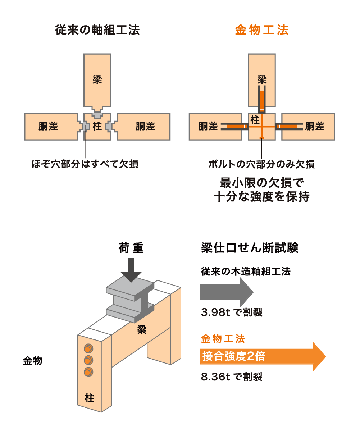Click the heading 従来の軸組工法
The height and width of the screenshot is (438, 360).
click(x=97, y=30)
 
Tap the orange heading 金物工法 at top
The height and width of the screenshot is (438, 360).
click(x=262, y=30)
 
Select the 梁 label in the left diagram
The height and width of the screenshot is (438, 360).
click(x=97, y=79)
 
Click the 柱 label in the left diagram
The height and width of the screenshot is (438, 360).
click(x=97, y=126)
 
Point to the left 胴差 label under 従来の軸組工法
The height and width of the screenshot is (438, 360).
click(x=48, y=126)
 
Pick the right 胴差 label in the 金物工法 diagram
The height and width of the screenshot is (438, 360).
click(x=315, y=126)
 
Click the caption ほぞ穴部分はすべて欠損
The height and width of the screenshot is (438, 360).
click(x=85, y=164)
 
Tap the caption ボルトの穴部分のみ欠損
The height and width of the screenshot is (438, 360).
click(x=262, y=164)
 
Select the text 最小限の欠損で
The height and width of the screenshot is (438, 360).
click(x=262, y=183)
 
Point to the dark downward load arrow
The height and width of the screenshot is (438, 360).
click(x=131, y=270)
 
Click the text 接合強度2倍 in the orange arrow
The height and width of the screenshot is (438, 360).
click(x=234, y=356)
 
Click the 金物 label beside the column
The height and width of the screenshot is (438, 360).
click(x=33, y=361)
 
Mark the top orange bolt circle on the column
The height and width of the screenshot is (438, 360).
click(x=88, y=348)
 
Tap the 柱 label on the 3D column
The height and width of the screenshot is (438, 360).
click(x=89, y=398)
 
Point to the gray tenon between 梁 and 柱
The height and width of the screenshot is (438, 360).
click(x=97, y=114)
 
